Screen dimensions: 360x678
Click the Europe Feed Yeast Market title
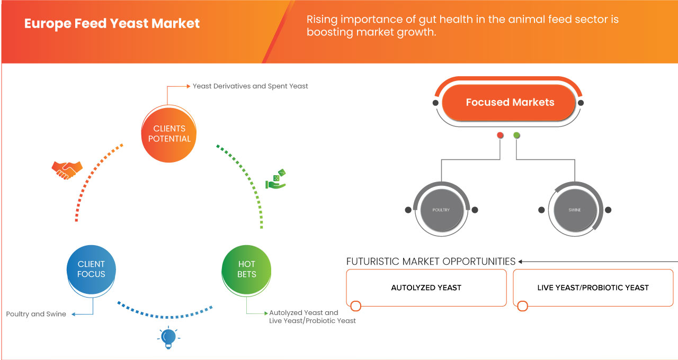pos(112,24)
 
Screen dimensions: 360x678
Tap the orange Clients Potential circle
pos(169,133)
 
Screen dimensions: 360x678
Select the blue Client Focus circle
pos(91,269)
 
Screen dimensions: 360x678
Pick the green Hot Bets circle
pos(246,269)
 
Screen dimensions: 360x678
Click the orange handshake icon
pos(67,169)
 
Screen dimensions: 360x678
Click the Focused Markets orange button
pos(510,103)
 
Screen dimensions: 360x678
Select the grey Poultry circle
pos(441,210)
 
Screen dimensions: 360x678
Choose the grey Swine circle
pos(574,210)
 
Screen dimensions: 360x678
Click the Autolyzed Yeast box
pos(426,287)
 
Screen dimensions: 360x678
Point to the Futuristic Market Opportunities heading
pos(431,262)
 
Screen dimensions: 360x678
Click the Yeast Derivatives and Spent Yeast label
pos(250,86)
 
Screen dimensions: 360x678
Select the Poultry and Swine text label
pos(36,314)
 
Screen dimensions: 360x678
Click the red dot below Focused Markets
pos(500,136)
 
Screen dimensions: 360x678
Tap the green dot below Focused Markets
pos(516,136)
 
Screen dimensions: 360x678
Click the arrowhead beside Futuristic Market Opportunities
pos(521,262)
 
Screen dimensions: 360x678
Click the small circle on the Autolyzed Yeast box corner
pos(356,306)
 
